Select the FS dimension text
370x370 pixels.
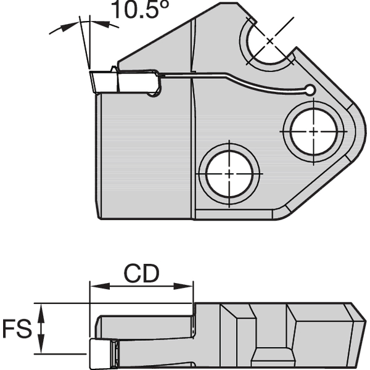pos(17,329)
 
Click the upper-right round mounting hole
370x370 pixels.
pos(314,131)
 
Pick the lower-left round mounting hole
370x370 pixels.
pos(229,173)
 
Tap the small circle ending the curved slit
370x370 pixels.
pos(310,91)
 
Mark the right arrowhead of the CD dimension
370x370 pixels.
pos(187,286)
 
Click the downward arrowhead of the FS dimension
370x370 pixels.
pos(42,348)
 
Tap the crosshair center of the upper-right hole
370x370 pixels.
pos(314,131)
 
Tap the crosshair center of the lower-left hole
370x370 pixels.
pos(229,173)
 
